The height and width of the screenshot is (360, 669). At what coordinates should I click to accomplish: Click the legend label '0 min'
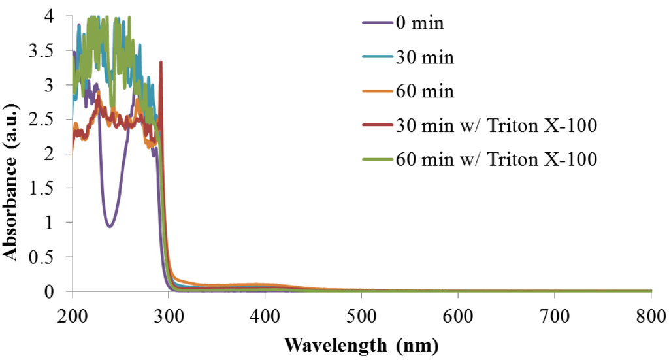click(419, 24)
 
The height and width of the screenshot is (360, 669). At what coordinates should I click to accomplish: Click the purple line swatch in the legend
click(377, 24)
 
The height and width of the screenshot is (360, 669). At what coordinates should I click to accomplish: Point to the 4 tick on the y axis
click(58, 16)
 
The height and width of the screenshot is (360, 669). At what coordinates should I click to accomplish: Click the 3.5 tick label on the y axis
click(51, 50)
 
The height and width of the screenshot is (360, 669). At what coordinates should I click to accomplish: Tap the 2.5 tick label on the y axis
click(51, 120)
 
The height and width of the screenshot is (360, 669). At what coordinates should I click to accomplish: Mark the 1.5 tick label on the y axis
click(51, 188)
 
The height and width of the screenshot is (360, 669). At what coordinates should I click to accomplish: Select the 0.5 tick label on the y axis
click(51, 257)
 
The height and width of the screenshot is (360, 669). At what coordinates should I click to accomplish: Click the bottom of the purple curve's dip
click(110, 227)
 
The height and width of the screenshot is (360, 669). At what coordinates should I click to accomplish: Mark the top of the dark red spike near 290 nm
click(161, 62)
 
